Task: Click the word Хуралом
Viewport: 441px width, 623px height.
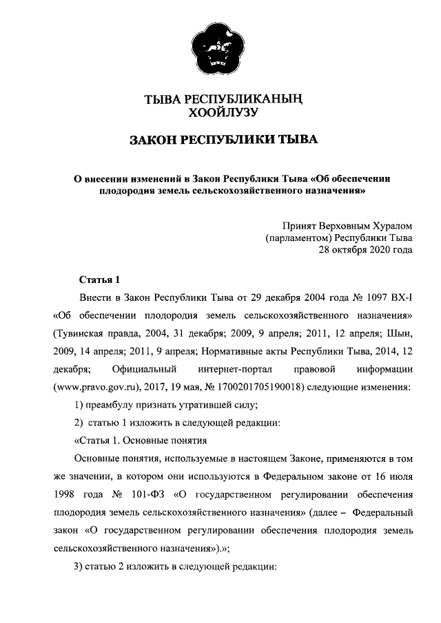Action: (x=388, y=224)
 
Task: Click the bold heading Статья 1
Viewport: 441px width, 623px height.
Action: (x=100, y=279)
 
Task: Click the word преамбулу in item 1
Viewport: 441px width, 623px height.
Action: (x=108, y=405)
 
